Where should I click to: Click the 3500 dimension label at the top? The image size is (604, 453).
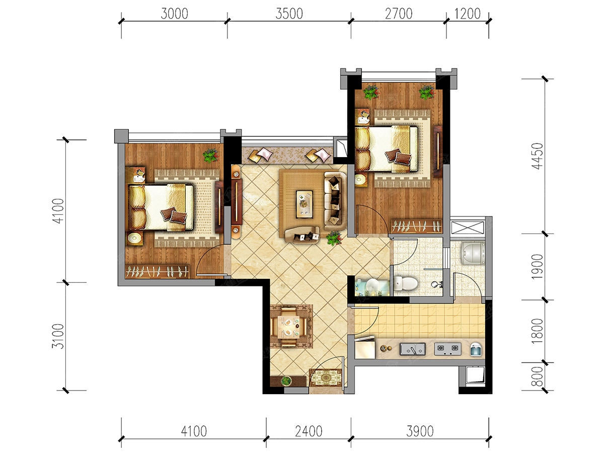point(289,14)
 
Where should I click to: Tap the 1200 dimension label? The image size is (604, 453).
point(467,14)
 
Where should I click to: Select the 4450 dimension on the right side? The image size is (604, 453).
point(538,156)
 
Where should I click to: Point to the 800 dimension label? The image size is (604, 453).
point(538,376)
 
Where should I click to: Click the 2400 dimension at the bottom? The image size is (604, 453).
point(309,431)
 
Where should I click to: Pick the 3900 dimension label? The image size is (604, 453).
point(420,431)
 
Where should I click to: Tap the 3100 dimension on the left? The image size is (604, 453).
point(58,336)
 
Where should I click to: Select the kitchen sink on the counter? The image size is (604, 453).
point(412,349)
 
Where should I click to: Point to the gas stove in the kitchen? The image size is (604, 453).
point(447,349)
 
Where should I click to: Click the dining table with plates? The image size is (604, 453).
point(288,327)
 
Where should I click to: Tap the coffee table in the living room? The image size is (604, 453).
point(305,204)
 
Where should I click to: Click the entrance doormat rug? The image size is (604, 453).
point(326,377)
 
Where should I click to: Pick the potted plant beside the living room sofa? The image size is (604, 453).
point(334,238)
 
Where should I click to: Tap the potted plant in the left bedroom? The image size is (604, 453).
point(211,156)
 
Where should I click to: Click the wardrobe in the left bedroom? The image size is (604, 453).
point(158,272)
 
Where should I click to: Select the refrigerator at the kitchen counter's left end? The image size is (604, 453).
point(365,348)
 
